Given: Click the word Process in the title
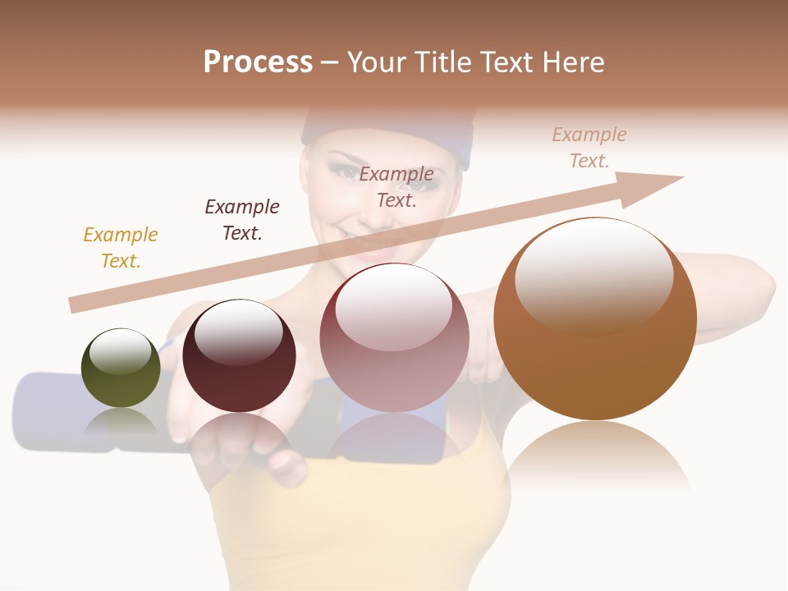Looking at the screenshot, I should click(258, 62).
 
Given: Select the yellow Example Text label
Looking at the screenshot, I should click(121, 247).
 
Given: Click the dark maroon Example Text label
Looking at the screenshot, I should click(242, 219).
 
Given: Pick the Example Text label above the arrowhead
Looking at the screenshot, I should click(589, 147).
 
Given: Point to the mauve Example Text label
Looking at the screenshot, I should click(396, 186).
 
